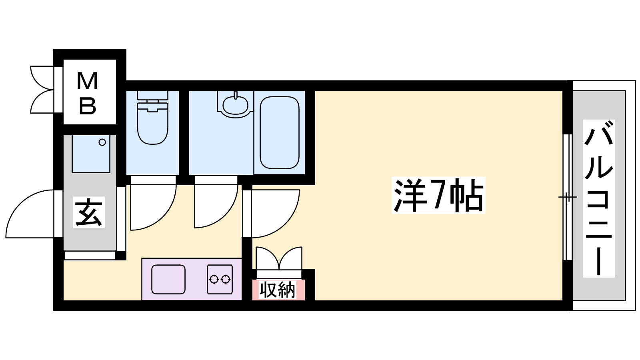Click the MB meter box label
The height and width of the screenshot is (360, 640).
[88, 94]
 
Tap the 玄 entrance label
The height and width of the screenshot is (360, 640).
[88, 212]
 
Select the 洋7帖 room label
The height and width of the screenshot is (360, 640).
[438, 195]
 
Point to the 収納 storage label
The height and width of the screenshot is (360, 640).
[277, 290]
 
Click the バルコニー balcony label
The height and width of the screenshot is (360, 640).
[598, 198]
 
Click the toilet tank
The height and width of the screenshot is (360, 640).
[152, 95]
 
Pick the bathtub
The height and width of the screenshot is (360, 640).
[280, 133]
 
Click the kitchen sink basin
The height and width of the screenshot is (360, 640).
[168, 280]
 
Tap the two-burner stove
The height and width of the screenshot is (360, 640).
[220, 280]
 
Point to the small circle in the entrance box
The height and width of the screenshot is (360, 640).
[102, 142]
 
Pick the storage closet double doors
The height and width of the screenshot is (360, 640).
[279, 258]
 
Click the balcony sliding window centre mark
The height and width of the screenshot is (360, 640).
[568, 197]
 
